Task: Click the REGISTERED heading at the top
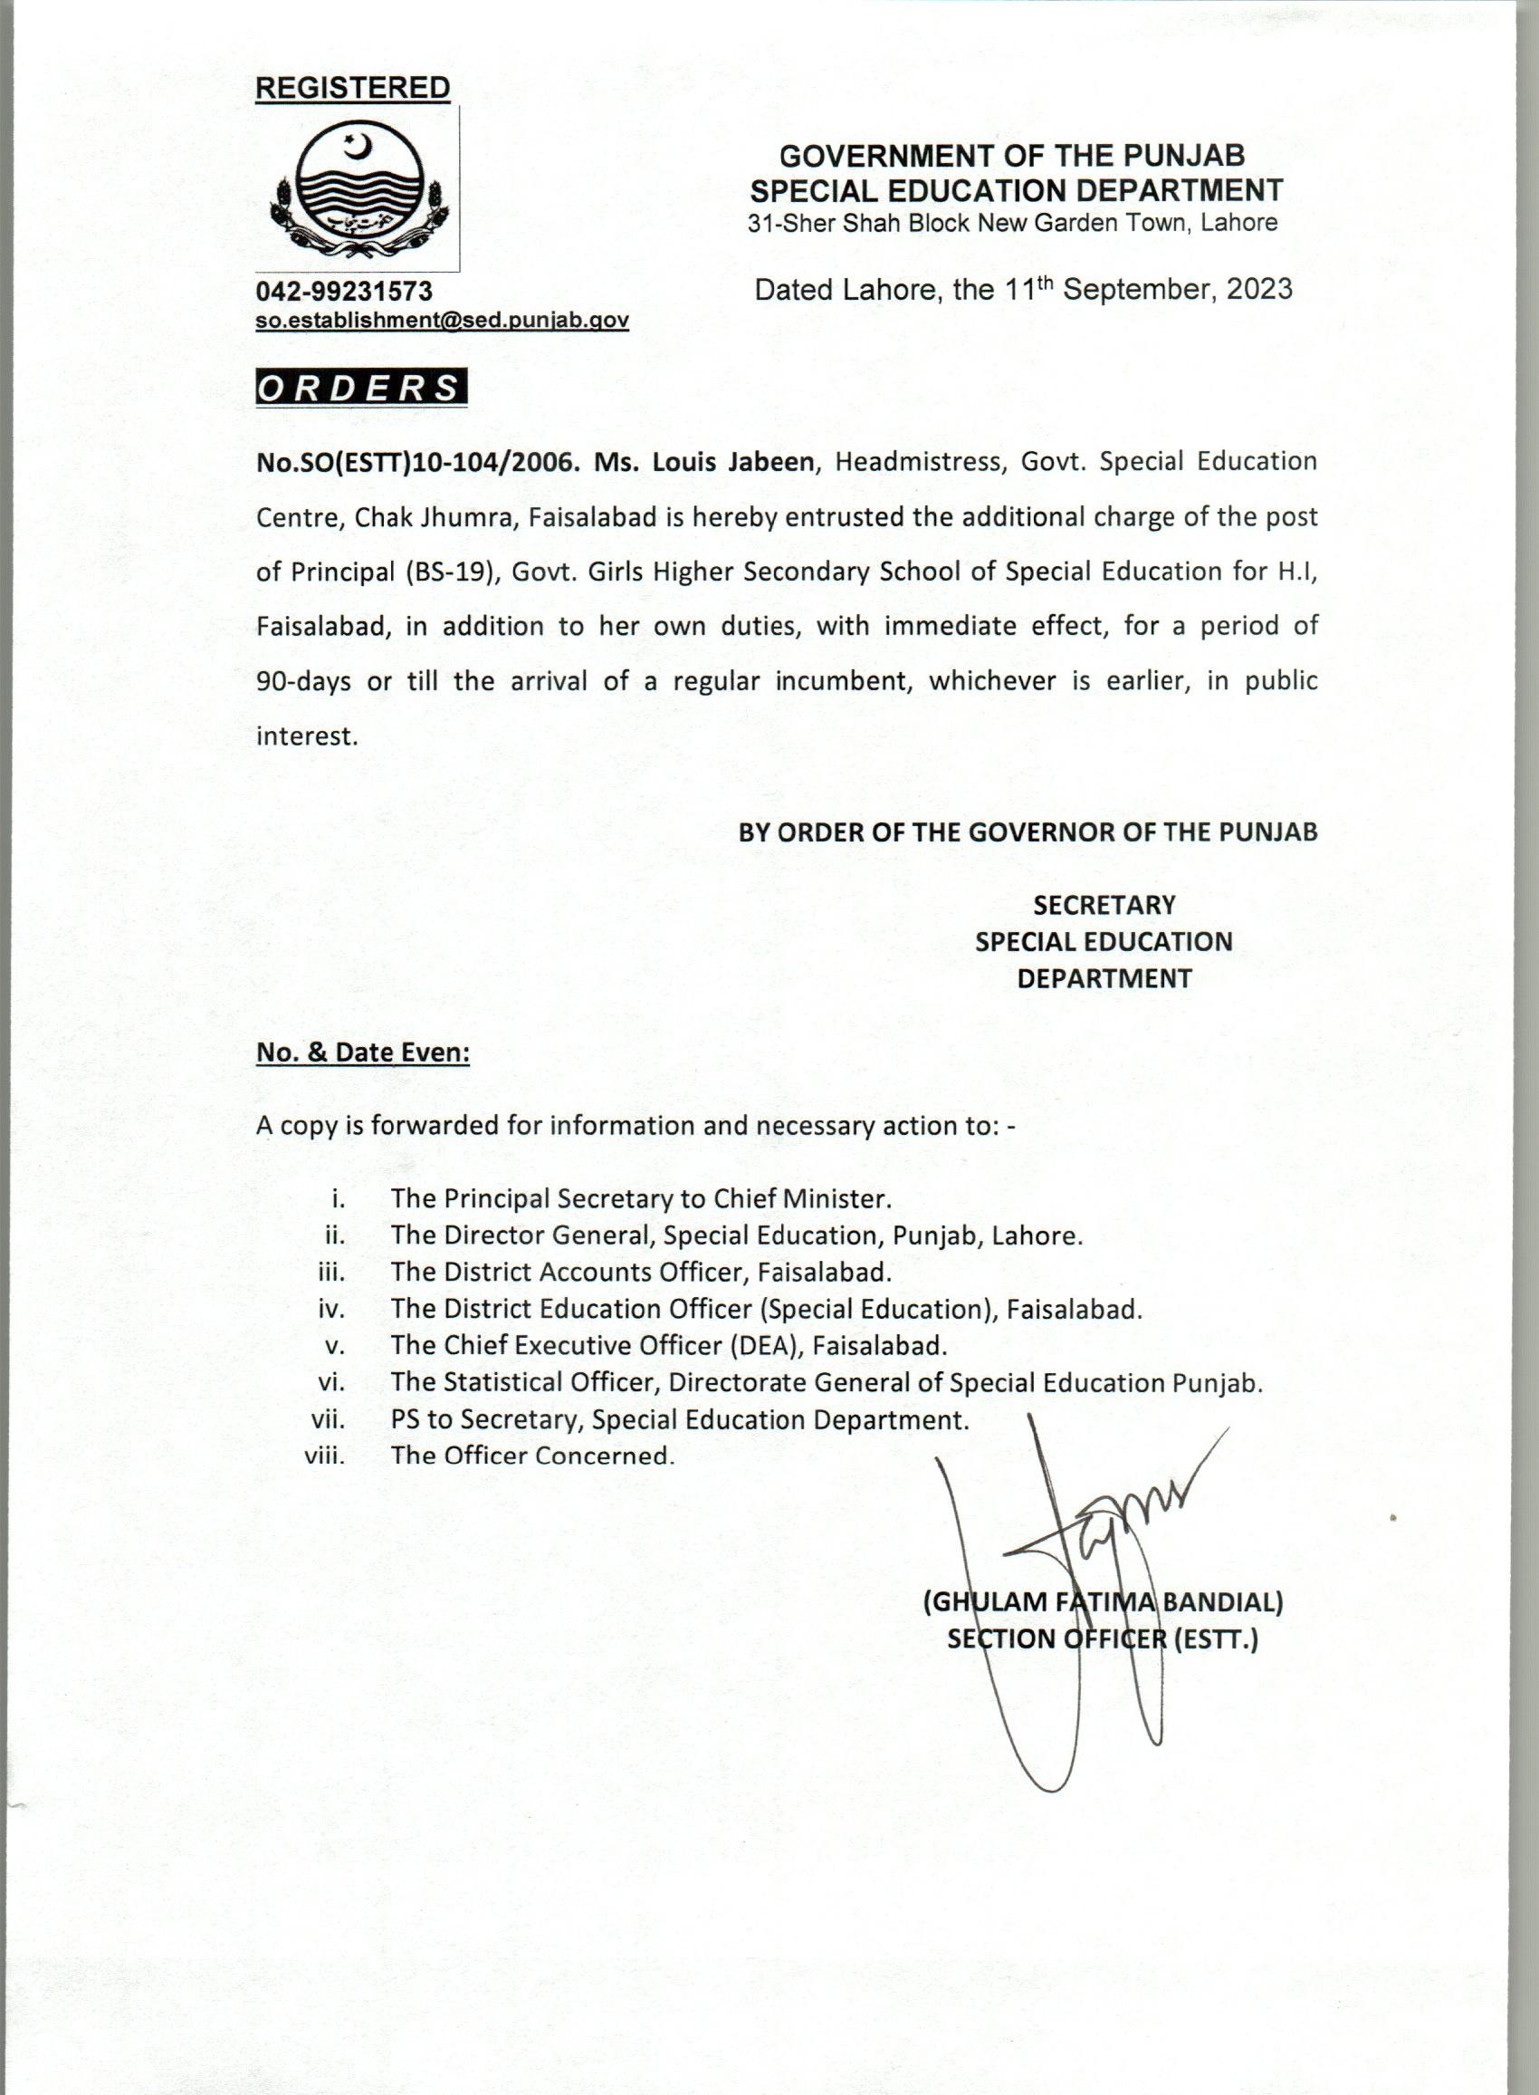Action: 352,89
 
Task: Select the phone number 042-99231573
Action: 344,292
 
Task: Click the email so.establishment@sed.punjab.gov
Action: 443,321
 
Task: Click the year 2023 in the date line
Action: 1258,290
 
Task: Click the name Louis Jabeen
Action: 732,463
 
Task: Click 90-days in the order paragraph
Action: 303,682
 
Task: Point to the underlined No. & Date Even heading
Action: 363,1053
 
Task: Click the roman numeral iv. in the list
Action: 331,1310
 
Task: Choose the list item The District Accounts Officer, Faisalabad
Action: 641,1272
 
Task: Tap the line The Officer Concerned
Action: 532,1456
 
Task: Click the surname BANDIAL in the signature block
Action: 1220,1603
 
